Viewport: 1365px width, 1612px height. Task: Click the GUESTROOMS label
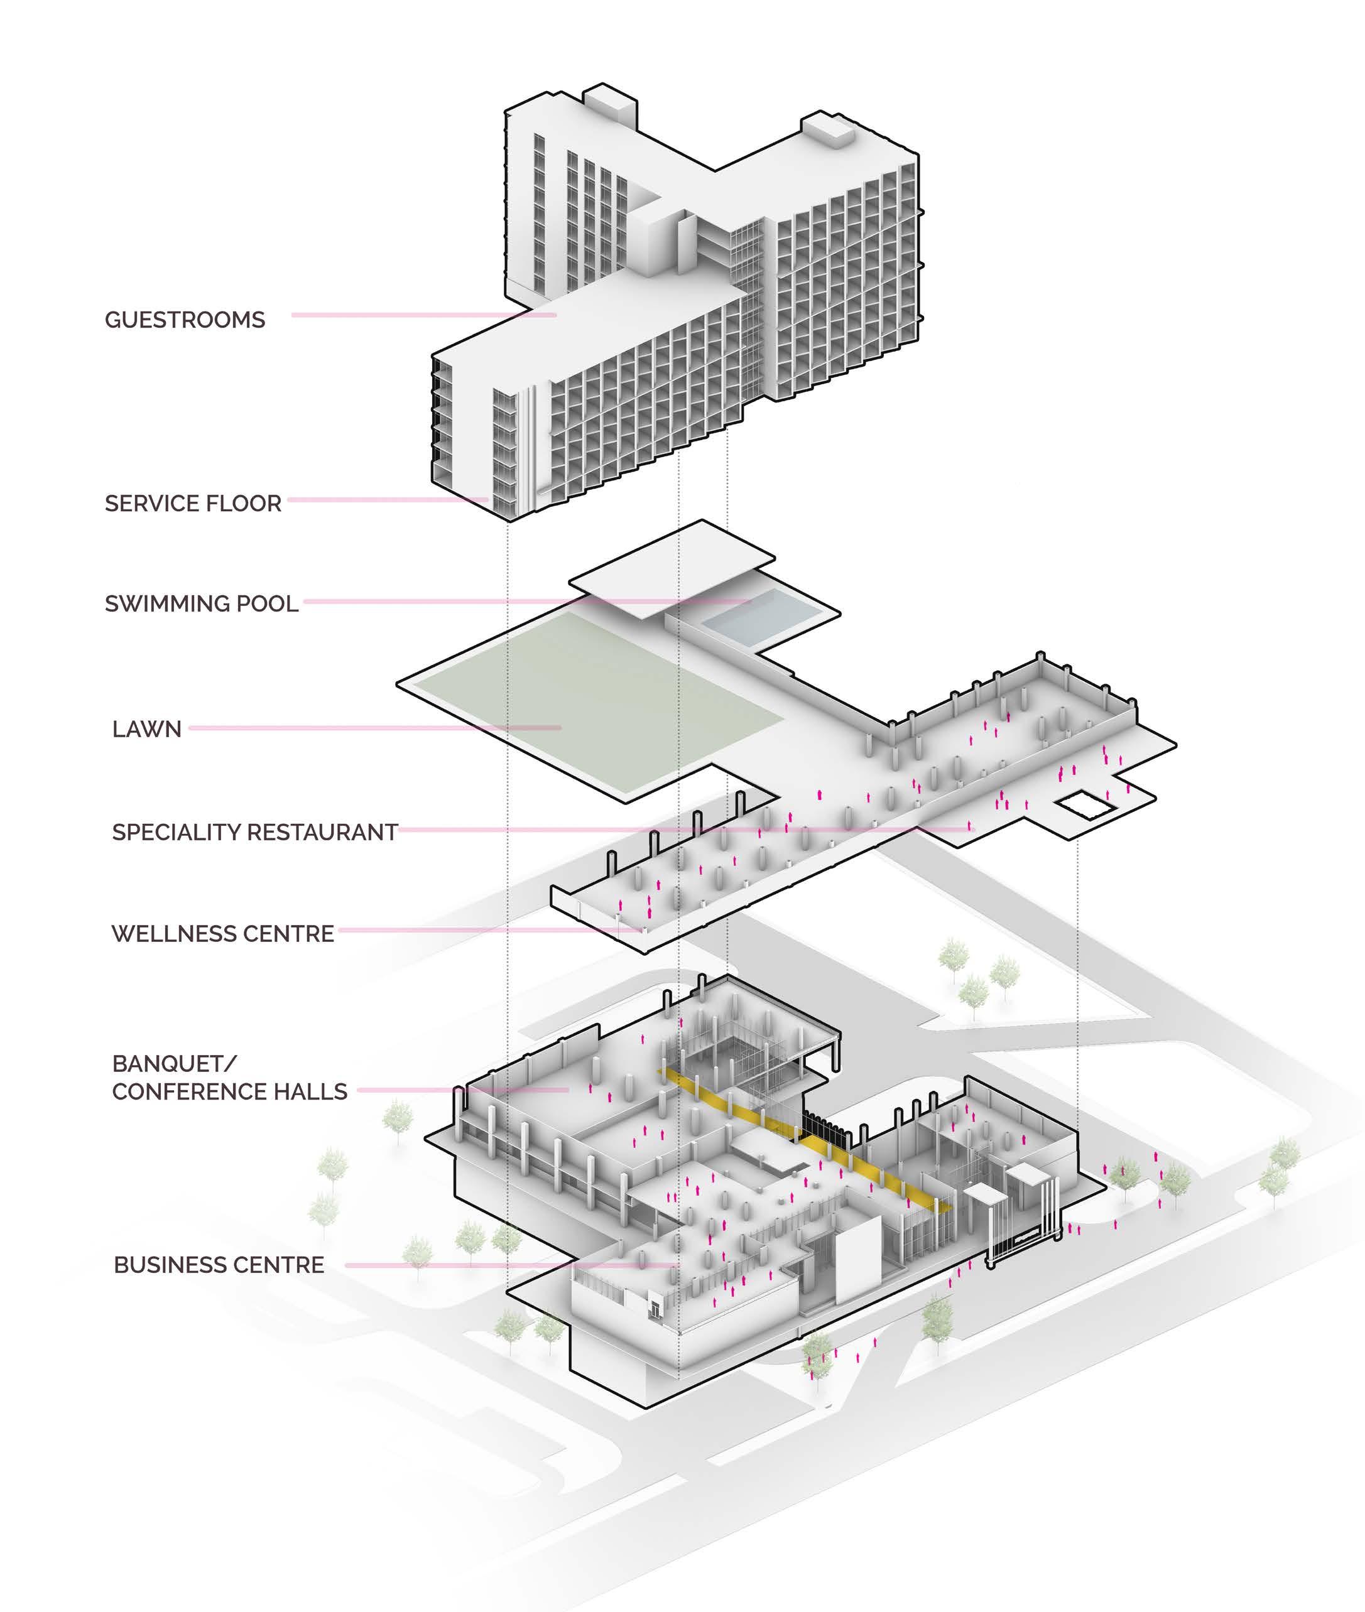point(185,320)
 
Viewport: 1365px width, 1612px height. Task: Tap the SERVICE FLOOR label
point(193,504)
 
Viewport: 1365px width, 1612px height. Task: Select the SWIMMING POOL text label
point(201,603)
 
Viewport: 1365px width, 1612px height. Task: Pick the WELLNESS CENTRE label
point(223,934)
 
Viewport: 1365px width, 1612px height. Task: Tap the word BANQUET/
point(174,1064)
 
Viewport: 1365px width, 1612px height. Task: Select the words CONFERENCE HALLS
point(230,1091)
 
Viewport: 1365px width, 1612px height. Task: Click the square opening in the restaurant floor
point(1087,805)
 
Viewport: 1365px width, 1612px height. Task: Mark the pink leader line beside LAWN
point(371,728)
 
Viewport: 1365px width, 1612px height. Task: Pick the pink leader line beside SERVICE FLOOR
point(387,500)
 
